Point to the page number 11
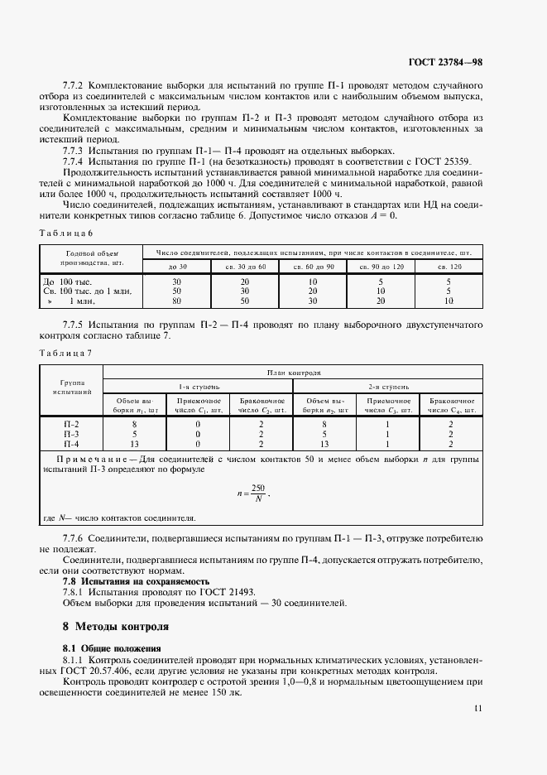point(479,708)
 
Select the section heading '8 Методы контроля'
point(115,626)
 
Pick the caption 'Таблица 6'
point(65,233)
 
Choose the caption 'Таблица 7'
point(65,353)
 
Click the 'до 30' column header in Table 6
point(177,266)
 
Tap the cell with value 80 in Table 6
point(176,301)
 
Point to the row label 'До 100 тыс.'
point(66,282)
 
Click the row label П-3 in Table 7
point(71,433)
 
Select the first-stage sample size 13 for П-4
point(134,443)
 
